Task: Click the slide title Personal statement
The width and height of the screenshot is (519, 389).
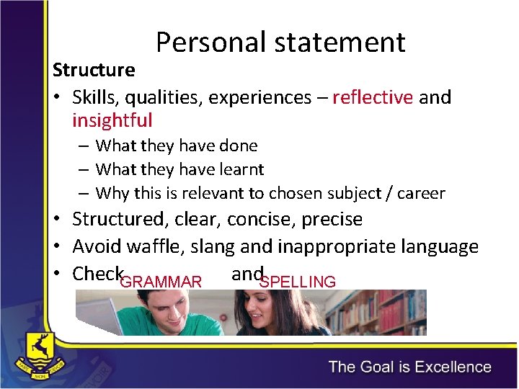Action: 280,43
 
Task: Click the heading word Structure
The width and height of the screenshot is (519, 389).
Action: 94,70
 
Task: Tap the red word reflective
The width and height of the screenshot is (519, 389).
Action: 373,97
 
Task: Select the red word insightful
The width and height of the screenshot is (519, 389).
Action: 112,120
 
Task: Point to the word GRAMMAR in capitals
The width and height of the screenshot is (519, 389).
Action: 161,282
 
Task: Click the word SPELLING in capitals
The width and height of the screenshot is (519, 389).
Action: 298,282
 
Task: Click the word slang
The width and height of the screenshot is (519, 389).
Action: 214,247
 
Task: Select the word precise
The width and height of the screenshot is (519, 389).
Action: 334,219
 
